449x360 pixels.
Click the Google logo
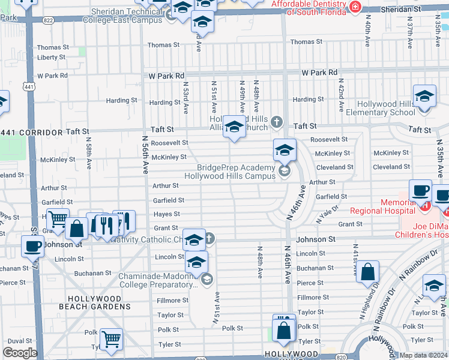click(x=20, y=353)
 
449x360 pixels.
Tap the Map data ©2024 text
click(x=424, y=355)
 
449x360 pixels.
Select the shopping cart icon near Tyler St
click(x=111, y=339)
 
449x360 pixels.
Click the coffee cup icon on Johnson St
click(x=32, y=245)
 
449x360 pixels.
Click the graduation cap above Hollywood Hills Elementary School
click(x=424, y=96)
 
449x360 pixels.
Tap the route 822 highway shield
click(x=49, y=20)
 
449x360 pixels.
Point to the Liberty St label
click(x=51, y=58)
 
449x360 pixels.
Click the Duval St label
click(x=20, y=340)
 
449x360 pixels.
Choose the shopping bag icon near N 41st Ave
click(x=368, y=271)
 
